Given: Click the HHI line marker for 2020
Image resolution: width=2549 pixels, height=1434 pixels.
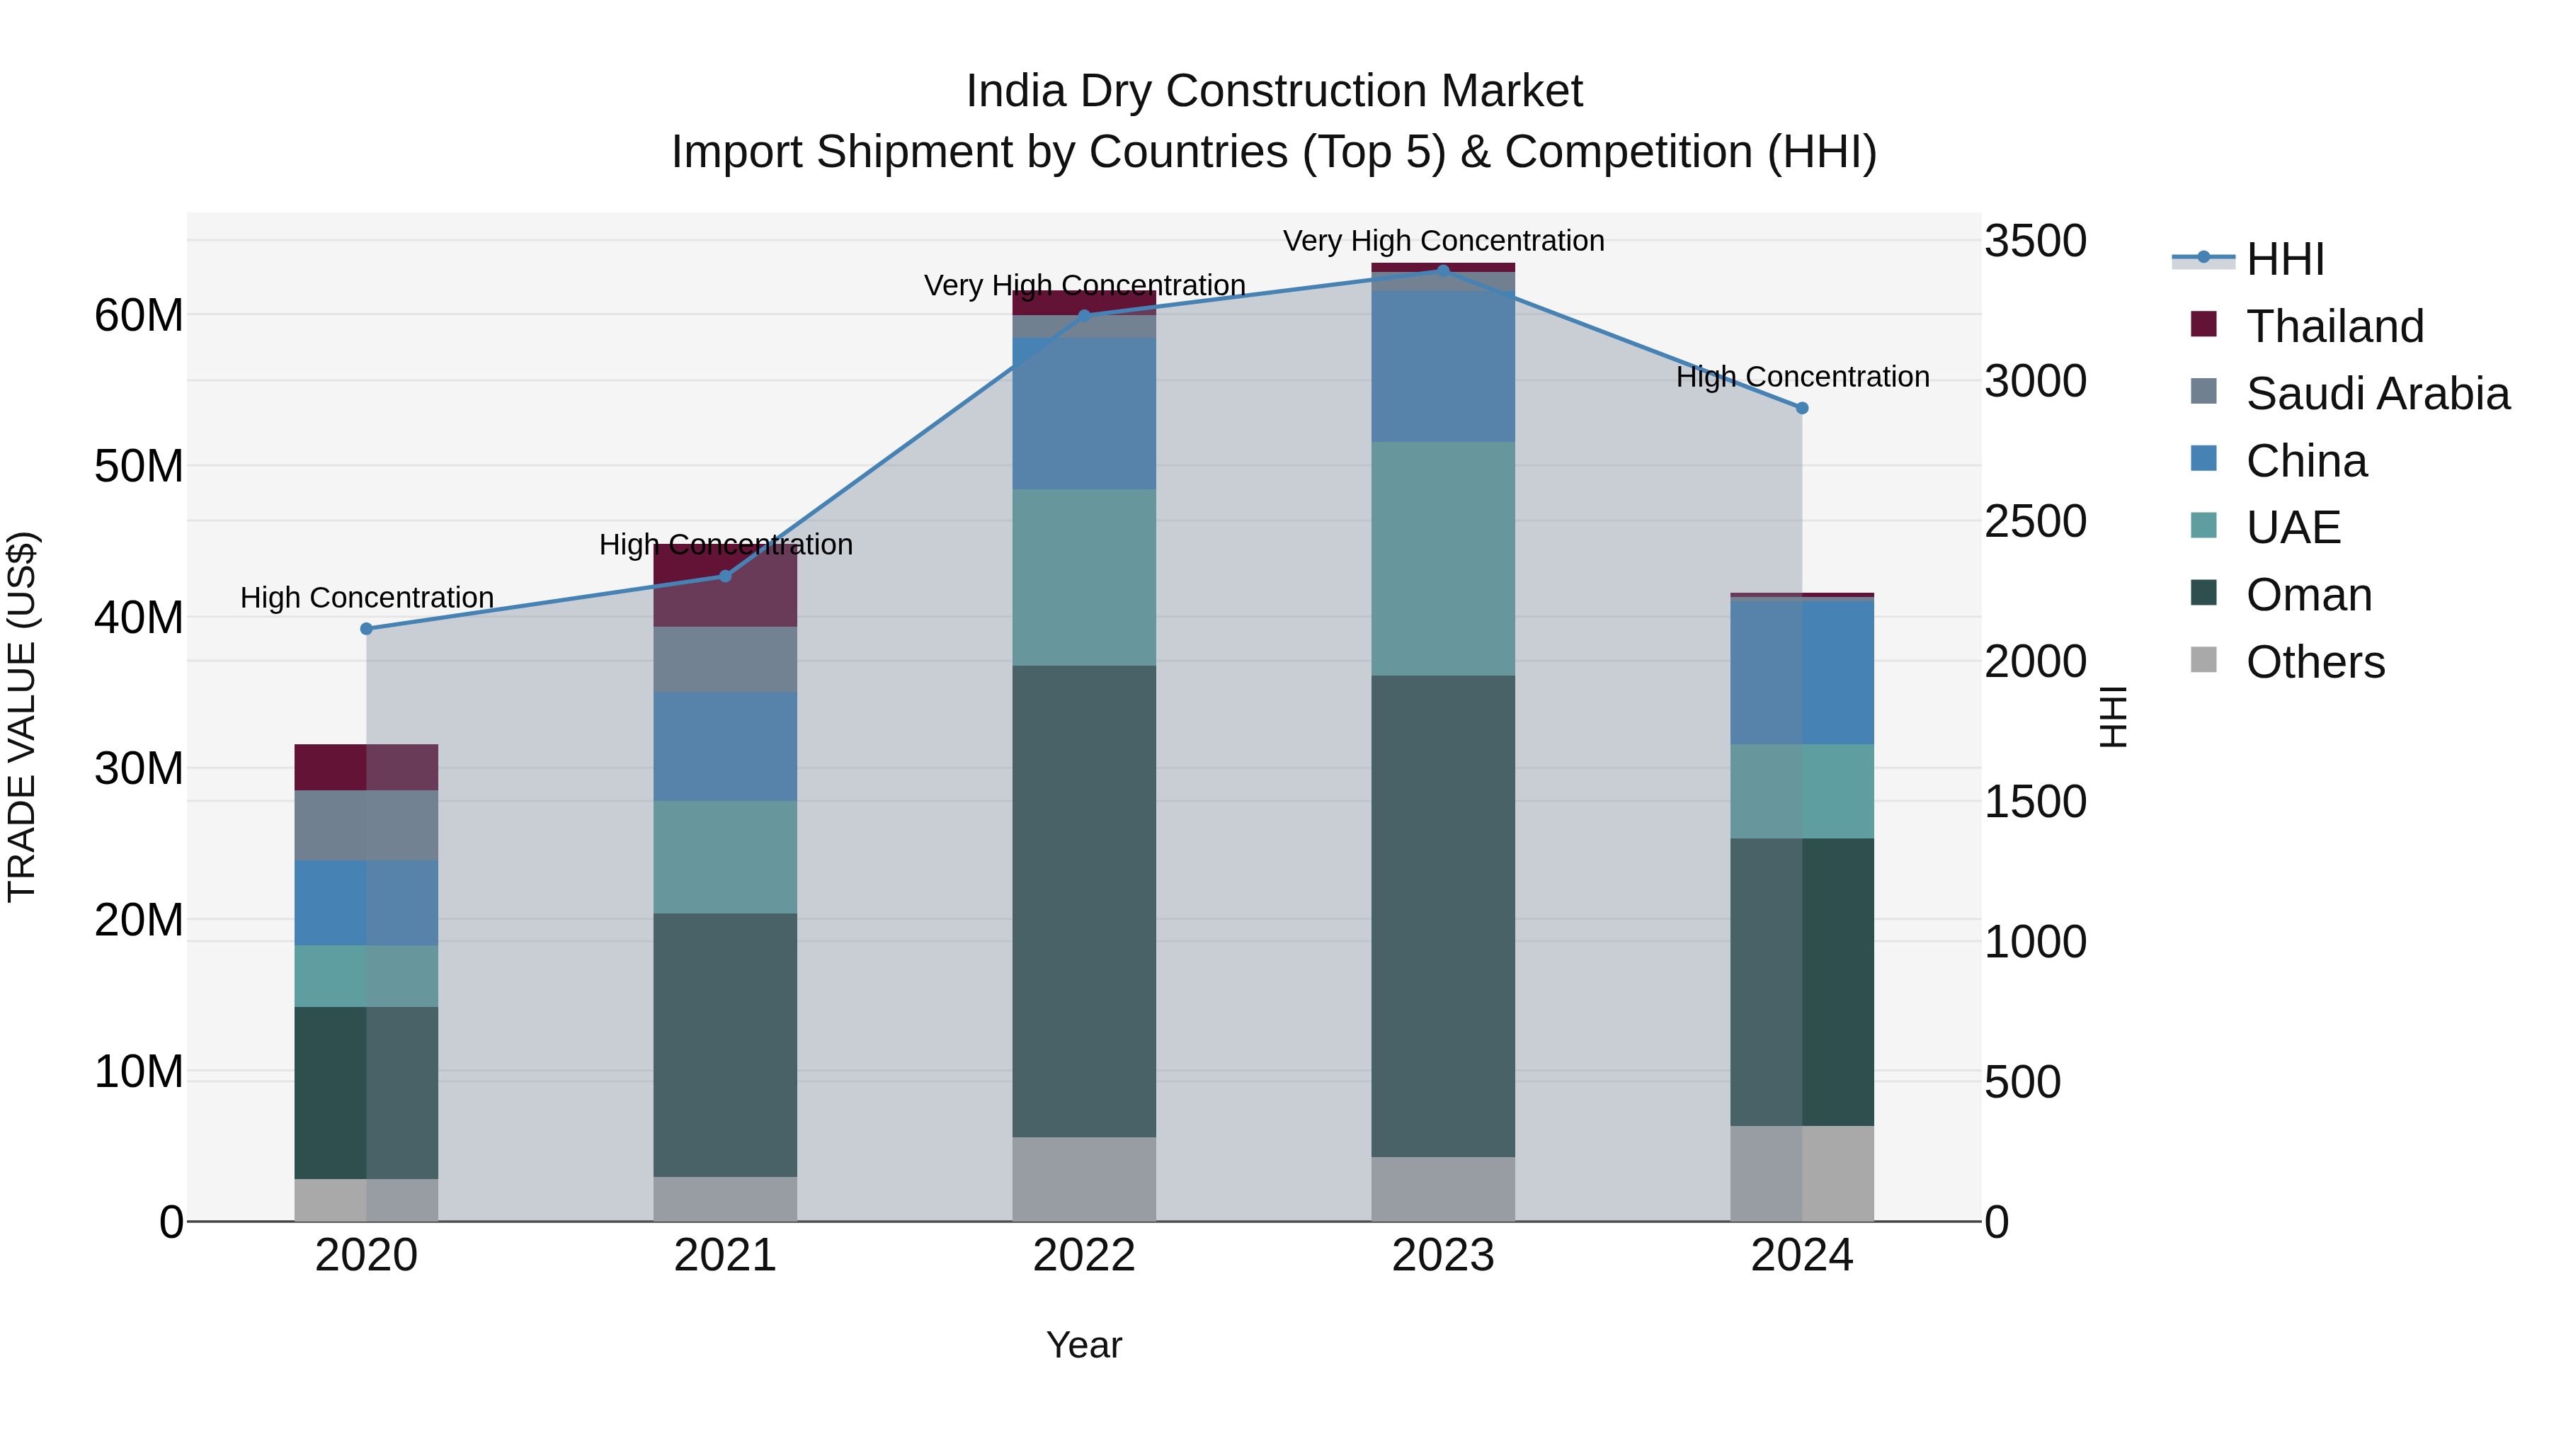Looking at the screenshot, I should pyautogui.click(x=366, y=628).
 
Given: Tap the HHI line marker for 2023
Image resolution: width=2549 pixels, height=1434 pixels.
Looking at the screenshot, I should pyautogui.click(x=1443, y=271).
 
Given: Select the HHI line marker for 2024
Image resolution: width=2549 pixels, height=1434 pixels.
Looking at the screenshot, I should pyautogui.click(x=1802, y=408).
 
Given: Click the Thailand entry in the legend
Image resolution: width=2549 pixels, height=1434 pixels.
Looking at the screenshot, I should pyautogui.click(x=2334, y=326).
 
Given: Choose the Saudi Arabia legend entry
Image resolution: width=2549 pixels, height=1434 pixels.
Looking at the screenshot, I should pyautogui.click(x=2377, y=393).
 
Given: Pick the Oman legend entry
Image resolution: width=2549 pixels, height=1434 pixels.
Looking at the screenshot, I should pyautogui.click(x=2308, y=595).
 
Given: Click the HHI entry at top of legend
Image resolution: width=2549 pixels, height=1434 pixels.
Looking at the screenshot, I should pyautogui.click(x=2285, y=258).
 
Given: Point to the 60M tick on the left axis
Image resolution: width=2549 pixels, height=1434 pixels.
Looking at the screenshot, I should pyautogui.click(x=139, y=316).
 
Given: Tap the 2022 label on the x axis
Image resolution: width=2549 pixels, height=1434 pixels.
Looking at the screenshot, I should pyautogui.click(x=1083, y=1256).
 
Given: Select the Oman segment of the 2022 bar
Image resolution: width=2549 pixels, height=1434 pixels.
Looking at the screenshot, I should pyautogui.click(x=1083, y=901).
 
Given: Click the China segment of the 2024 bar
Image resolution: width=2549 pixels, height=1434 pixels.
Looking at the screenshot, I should pyautogui.click(x=1802, y=672).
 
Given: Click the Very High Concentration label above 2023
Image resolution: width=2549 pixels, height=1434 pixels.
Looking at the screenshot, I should pyautogui.click(x=1443, y=241).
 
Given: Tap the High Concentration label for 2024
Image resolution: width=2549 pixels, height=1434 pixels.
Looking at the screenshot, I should pyautogui.click(x=1802, y=377).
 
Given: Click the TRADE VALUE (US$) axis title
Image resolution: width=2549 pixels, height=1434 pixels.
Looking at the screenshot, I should pyautogui.click(x=22, y=717).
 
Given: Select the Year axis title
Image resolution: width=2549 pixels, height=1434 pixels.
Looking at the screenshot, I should pyautogui.click(x=1083, y=1345).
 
